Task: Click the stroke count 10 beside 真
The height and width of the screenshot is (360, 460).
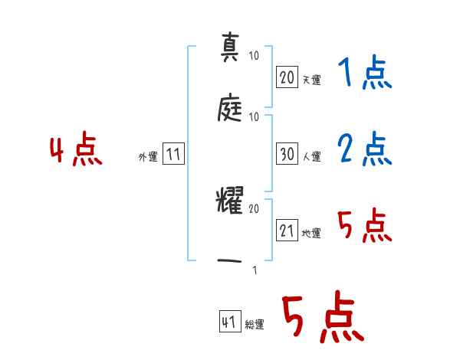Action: coord(254,56)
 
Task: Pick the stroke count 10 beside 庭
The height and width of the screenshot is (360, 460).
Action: coord(254,116)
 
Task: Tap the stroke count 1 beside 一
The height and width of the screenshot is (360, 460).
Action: coord(254,269)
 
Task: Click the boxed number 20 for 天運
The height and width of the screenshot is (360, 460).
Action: coord(287,77)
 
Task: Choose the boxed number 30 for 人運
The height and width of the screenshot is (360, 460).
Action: coord(287,154)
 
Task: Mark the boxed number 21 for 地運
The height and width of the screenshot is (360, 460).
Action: coord(287,231)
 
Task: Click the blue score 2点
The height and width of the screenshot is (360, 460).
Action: coord(364,149)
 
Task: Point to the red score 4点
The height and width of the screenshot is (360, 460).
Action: coord(75,150)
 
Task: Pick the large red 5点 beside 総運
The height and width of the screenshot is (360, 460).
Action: coord(322,319)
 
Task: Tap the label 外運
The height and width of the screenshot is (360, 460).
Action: coord(148,156)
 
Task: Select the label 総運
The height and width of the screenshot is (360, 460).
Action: coord(255,325)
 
